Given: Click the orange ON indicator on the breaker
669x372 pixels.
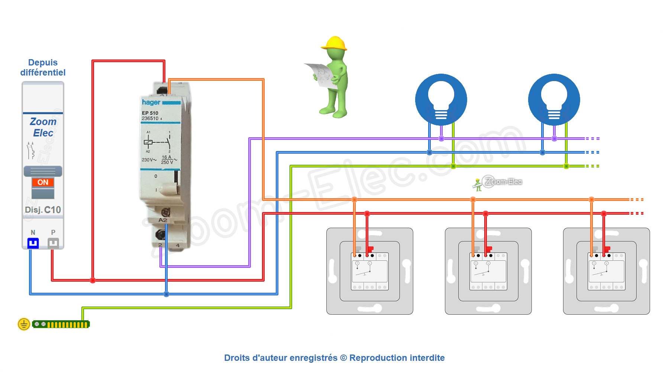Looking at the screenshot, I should tap(43, 182).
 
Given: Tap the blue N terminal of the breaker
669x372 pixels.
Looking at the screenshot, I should tap(33, 243).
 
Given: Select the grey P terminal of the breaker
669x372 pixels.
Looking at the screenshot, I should tap(53, 243).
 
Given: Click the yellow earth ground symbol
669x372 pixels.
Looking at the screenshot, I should tap(24, 324).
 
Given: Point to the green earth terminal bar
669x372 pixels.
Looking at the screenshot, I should tap(61, 324).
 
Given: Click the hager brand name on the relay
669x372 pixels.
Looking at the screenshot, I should tap(151, 102).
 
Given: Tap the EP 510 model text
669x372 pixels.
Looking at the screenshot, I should tap(150, 113).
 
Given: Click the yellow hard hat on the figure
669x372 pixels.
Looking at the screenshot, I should tap(334, 44).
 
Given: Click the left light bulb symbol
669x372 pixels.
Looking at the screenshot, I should tap(441, 99).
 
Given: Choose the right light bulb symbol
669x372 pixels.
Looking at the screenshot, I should tap(554, 99).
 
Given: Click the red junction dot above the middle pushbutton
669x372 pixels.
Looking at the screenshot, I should tap(485, 214).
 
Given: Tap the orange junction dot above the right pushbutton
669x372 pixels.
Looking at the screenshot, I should tap(591, 200).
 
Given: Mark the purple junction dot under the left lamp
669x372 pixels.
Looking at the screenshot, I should tap(441, 139).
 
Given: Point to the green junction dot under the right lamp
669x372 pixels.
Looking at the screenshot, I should tap(566, 166).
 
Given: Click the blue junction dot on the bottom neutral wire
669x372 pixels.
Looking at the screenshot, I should tap(166, 294).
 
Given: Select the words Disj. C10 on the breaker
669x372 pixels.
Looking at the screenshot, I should tap(43, 210).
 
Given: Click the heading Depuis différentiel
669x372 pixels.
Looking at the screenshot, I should tap(43, 67).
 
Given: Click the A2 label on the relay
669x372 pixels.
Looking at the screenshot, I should tap(163, 220).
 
